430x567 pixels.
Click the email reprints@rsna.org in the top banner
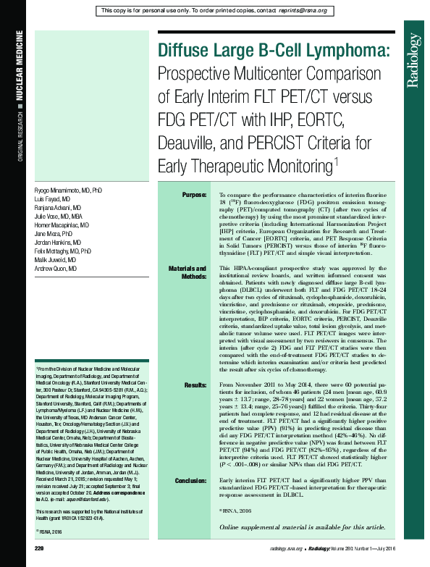(299, 11)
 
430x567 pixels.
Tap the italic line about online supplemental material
(302, 527)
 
